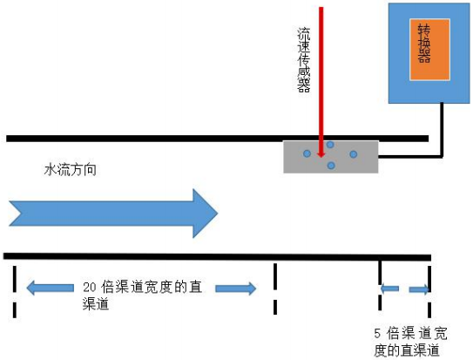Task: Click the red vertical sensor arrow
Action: coord(322,78)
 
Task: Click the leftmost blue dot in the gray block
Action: coord(307,154)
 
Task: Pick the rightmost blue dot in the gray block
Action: coord(354,154)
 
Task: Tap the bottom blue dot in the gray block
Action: coord(330,165)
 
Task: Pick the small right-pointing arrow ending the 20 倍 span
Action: coord(237,289)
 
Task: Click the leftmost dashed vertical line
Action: coord(15,291)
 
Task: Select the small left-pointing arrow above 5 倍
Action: coord(389,289)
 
